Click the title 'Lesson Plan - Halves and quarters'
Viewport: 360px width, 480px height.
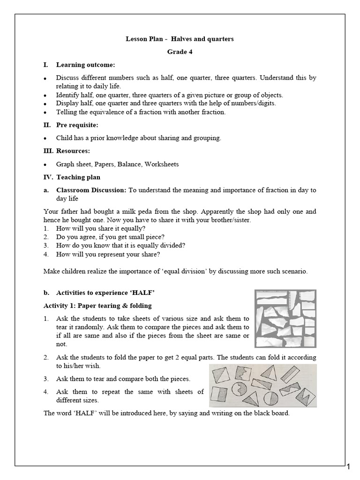[x=180, y=39]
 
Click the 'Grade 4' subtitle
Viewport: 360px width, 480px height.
[x=180, y=52]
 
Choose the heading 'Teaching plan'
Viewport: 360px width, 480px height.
[x=78, y=177]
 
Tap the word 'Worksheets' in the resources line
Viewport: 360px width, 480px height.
[x=162, y=164]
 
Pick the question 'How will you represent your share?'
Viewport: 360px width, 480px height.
[x=108, y=255]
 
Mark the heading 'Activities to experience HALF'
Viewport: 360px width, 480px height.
[x=105, y=293]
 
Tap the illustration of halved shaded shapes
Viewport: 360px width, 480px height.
[x=262, y=386]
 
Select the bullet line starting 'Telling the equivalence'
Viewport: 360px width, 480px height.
[x=141, y=112]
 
